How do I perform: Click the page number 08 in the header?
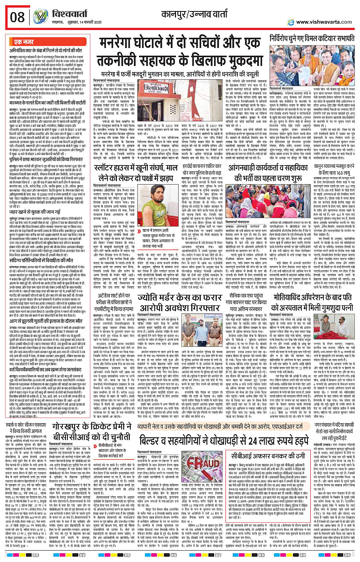click(17, 17)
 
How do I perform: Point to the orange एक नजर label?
click(24, 42)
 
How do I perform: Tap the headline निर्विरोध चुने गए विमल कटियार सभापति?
click(312, 39)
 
